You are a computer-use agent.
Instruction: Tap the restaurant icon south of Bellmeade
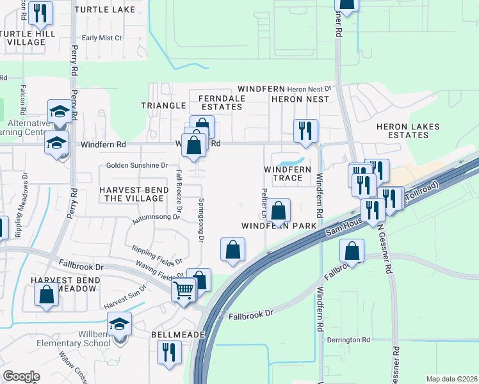point(170,351)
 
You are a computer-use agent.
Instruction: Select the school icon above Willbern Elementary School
point(119,324)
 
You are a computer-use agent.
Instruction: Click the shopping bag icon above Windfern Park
point(279,211)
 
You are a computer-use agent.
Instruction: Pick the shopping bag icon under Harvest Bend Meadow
point(47,296)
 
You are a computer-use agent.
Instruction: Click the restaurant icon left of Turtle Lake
point(42,12)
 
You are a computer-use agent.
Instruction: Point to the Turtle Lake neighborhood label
point(105,10)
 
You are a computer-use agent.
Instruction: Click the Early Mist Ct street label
point(102,38)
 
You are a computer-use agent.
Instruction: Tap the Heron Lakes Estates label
point(408,131)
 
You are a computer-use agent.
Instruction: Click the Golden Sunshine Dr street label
point(137,165)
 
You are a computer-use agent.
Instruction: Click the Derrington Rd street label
point(348,340)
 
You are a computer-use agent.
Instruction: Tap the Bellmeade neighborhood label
point(177,335)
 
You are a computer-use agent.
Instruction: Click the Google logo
point(21,376)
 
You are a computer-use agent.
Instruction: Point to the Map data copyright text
point(451,379)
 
